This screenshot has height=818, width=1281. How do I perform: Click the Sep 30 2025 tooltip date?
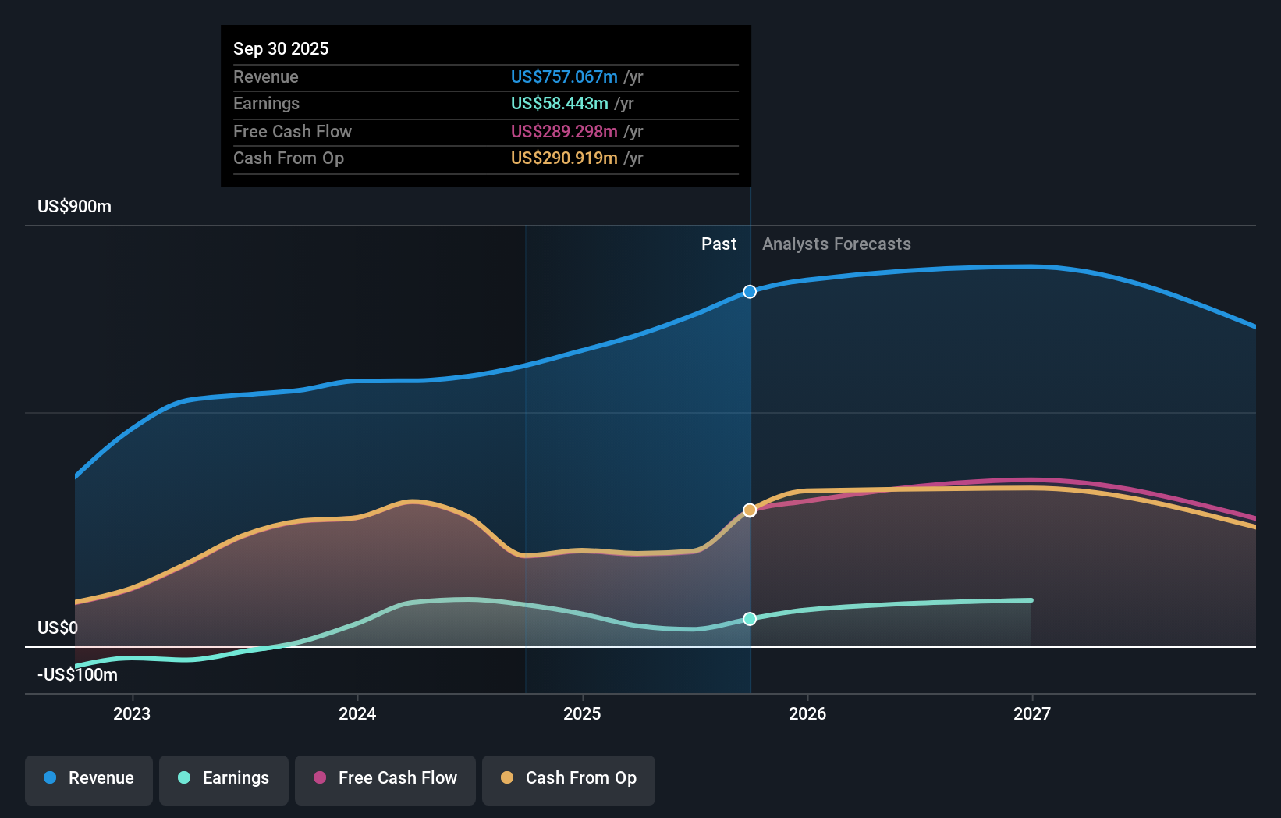281,48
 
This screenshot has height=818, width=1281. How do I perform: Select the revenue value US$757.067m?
563,76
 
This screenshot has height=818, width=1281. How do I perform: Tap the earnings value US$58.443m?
559,103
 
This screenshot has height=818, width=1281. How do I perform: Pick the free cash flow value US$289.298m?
563,131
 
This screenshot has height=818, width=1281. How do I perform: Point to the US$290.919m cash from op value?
563,158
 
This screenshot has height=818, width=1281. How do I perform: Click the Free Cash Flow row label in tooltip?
293,131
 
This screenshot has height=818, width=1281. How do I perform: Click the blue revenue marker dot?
750,292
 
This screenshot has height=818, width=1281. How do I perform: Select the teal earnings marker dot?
750,619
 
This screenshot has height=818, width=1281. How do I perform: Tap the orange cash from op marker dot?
750,510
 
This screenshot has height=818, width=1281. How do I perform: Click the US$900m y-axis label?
74,206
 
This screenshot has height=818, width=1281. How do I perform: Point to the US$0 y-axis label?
58,628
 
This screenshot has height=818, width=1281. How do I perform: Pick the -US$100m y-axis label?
77,674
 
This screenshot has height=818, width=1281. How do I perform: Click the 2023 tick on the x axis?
132,713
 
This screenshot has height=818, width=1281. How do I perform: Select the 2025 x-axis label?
582,713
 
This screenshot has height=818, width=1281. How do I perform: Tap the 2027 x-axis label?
1031,713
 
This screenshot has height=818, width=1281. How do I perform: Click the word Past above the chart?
719,244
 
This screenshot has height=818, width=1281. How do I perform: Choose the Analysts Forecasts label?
836,244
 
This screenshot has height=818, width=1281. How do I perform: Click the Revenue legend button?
89,778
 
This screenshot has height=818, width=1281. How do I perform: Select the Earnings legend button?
224,778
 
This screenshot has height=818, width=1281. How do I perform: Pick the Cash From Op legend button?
569,778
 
